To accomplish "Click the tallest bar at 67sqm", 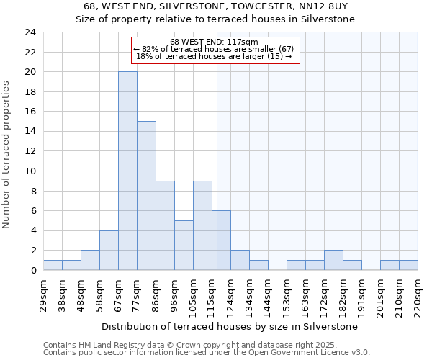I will pos(127,171).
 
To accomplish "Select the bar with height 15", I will pos(146,195).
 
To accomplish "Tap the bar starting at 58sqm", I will pos(109,250).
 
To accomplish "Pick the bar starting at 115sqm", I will pos(221,240).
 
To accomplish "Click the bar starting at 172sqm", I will pos(333,260).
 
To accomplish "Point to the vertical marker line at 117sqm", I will pos(217,166).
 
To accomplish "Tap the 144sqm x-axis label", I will pos(269,293).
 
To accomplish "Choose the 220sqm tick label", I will pos(418,293).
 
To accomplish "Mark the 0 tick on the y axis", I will pos(33,270).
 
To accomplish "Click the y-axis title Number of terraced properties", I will pos(7,155).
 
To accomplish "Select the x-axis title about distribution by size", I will pos(230,326).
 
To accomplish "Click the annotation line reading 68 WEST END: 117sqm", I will pos(214,42).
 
